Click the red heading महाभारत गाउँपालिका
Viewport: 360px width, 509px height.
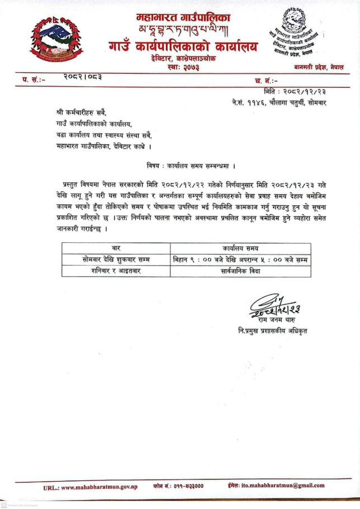click(x=183, y=17)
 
